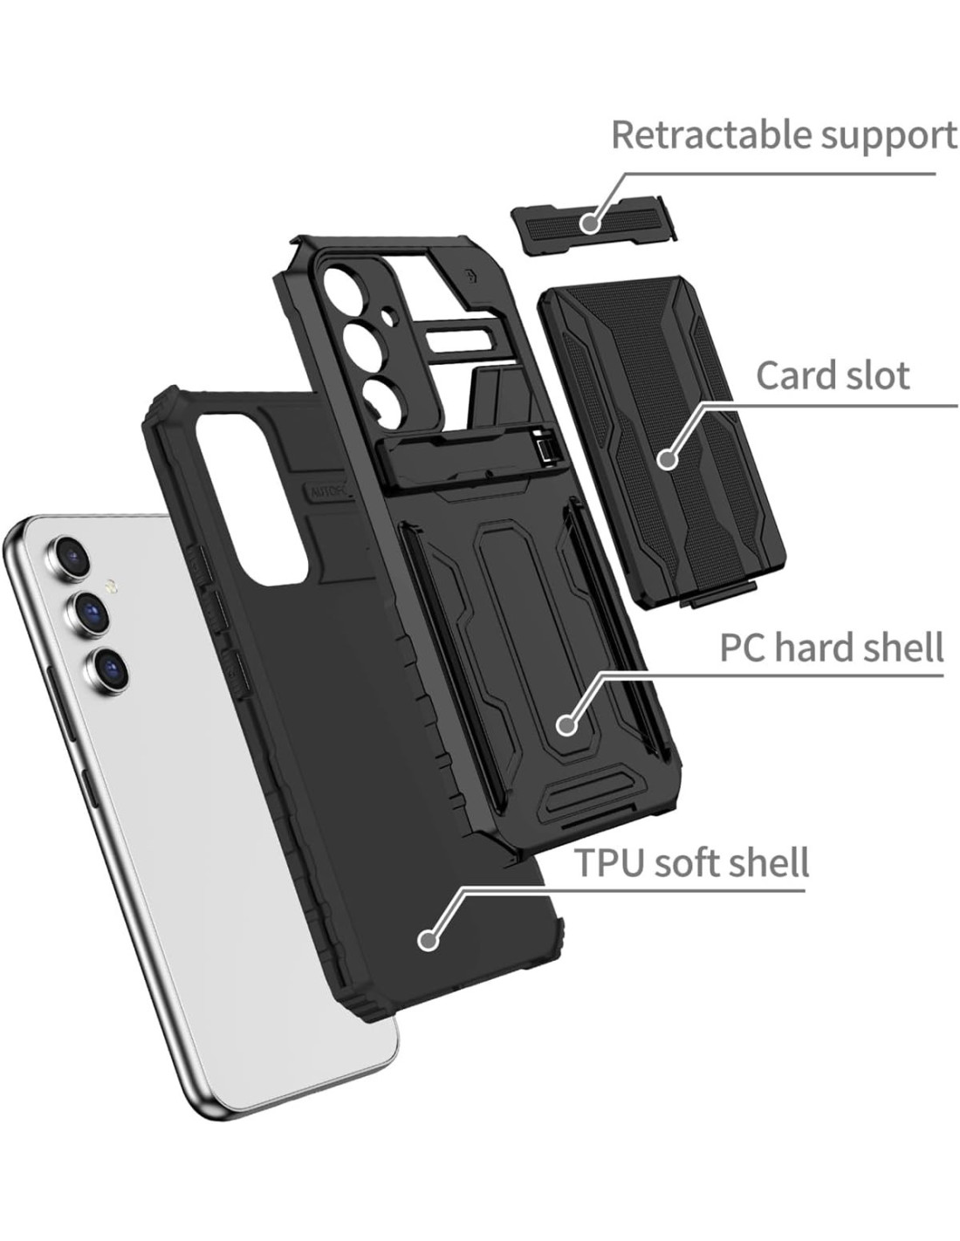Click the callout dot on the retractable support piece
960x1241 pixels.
590,222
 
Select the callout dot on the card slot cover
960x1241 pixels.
667,458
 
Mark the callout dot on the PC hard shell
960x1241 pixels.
566,724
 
